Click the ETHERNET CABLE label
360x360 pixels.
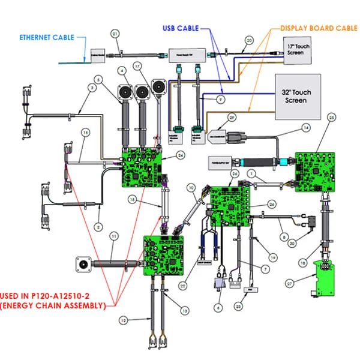click(x=46, y=37)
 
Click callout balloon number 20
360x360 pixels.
click(x=248, y=41)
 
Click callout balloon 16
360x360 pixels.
click(x=85, y=133)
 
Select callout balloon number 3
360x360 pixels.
click(x=92, y=88)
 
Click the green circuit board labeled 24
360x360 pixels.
click(x=142, y=168)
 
